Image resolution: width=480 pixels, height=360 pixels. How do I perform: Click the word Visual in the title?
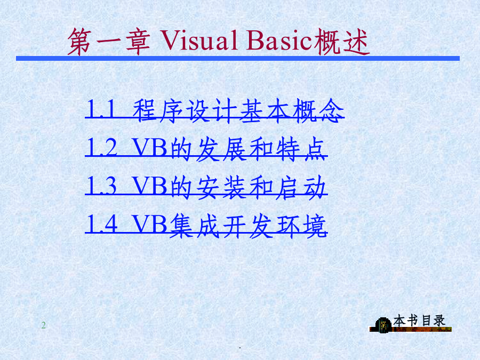click(199, 41)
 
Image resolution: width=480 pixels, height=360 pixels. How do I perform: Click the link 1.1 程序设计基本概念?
click(214, 111)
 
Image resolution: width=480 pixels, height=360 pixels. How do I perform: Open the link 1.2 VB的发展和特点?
click(206, 149)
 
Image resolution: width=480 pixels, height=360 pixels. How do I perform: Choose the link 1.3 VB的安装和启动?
click(206, 187)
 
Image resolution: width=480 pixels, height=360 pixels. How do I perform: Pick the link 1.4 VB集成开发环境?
click(206, 226)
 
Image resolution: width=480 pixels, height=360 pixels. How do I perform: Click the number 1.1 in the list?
click(101, 109)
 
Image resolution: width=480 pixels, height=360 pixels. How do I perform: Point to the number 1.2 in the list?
click(102, 147)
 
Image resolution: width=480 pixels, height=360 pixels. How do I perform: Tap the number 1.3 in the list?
click(102, 186)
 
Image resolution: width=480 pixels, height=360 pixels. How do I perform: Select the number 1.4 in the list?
click(102, 224)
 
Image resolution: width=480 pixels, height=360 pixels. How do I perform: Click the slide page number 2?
click(44, 325)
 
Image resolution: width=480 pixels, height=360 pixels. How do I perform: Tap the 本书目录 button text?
click(419, 321)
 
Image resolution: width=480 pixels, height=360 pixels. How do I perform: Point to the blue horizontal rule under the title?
click(238, 58)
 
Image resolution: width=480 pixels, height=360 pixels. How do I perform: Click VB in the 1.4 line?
click(150, 225)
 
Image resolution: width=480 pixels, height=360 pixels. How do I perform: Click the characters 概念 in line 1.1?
click(318, 111)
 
